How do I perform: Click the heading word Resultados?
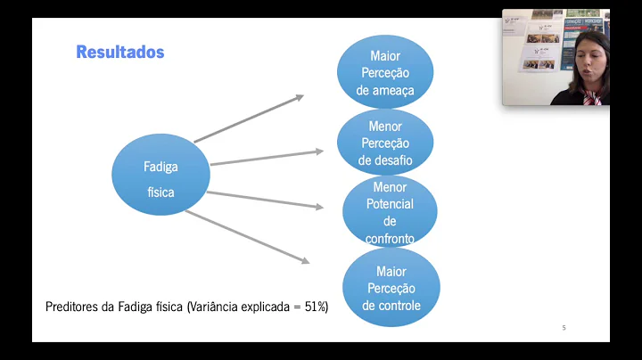click(x=120, y=52)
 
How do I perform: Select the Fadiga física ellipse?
click(x=160, y=179)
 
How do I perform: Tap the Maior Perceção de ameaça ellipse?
click(x=385, y=72)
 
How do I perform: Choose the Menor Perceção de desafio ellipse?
click(x=385, y=143)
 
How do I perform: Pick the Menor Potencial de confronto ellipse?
click(x=390, y=212)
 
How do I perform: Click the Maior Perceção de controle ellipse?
click(x=391, y=288)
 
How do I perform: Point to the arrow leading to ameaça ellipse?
click(x=249, y=119)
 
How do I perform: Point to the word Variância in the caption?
click(x=215, y=307)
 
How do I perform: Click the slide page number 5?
click(x=564, y=328)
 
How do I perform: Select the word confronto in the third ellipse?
click(x=390, y=238)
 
